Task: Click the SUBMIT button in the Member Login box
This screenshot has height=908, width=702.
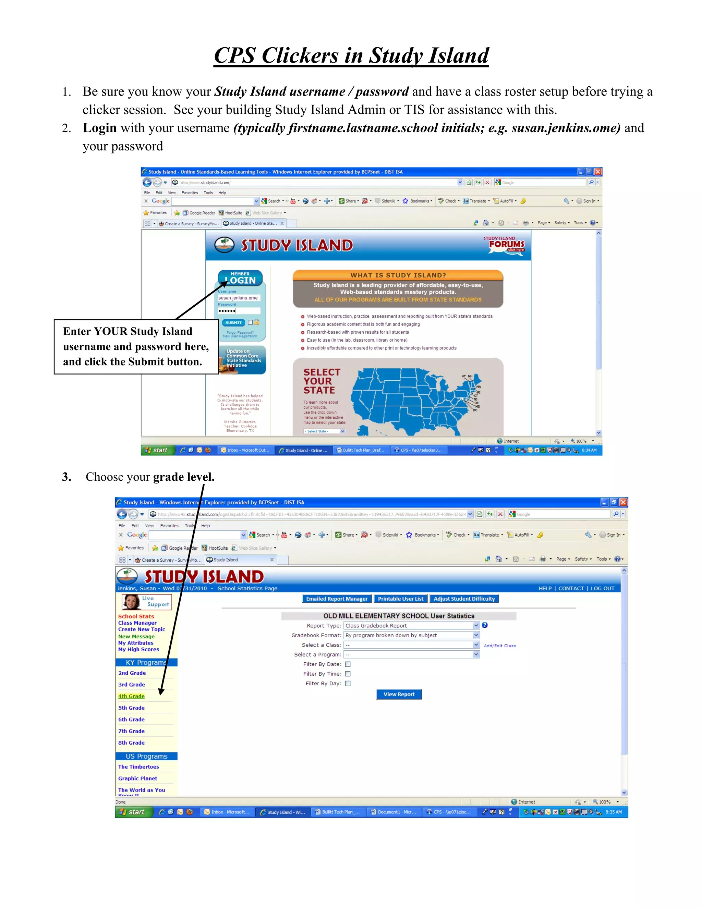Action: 233,323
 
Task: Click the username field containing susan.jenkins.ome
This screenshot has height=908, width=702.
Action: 239,298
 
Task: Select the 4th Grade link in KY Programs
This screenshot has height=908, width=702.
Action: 131,696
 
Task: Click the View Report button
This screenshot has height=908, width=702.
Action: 399,694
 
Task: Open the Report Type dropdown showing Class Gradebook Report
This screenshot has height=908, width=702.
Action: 411,625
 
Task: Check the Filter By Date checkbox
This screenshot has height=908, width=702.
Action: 348,664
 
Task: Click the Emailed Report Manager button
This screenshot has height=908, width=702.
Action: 337,599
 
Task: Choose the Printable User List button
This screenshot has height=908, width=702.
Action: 400,599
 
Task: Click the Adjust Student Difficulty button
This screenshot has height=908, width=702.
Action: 464,599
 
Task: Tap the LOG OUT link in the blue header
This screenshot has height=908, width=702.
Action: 602,588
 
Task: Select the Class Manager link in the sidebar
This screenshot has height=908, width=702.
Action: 137,623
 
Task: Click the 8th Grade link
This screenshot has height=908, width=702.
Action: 131,743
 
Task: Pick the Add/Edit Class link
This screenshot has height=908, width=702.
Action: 499,646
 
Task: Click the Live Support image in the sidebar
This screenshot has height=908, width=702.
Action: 146,602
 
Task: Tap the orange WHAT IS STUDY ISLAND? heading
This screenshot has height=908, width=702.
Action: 398,275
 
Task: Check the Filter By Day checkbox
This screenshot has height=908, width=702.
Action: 348,683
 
